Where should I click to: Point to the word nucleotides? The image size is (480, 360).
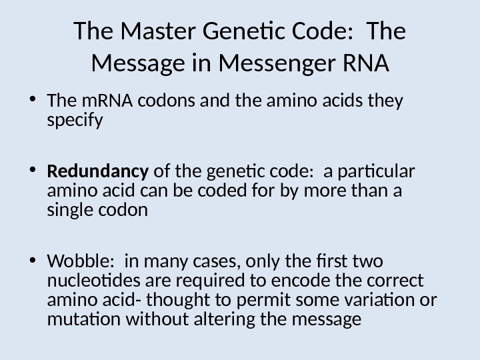pyautogui.click(x=89, y=280)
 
